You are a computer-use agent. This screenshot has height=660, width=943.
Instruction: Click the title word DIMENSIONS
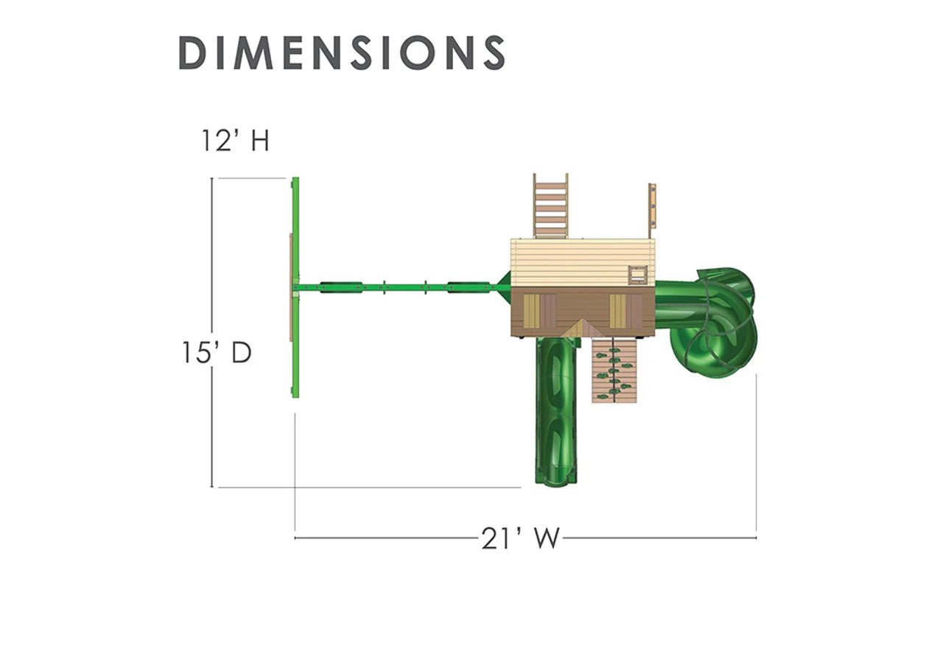341,52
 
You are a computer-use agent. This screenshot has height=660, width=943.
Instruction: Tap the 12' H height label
235,140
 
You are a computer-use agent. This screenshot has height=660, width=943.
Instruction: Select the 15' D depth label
217,352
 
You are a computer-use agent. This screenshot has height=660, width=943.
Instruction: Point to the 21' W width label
520,538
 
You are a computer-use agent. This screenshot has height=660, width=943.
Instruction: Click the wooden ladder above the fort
550,206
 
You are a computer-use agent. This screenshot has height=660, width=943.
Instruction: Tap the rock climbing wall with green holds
614,370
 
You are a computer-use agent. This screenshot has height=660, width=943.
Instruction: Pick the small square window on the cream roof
638,275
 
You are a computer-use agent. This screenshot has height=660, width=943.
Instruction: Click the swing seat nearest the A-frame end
341,287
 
